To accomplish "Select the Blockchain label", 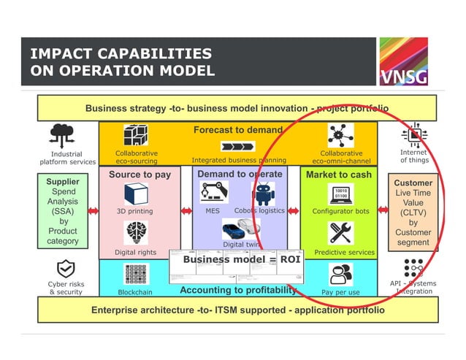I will coord(135,292).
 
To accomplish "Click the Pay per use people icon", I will coord(340,273).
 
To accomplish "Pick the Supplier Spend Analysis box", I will coord(63,211).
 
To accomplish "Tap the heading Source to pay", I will coord(140,175).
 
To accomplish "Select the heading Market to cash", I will coord(338,175).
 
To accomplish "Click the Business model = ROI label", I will coord(231,259).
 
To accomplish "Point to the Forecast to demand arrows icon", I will coord(238,145).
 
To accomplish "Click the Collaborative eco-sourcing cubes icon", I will coord(136,137).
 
